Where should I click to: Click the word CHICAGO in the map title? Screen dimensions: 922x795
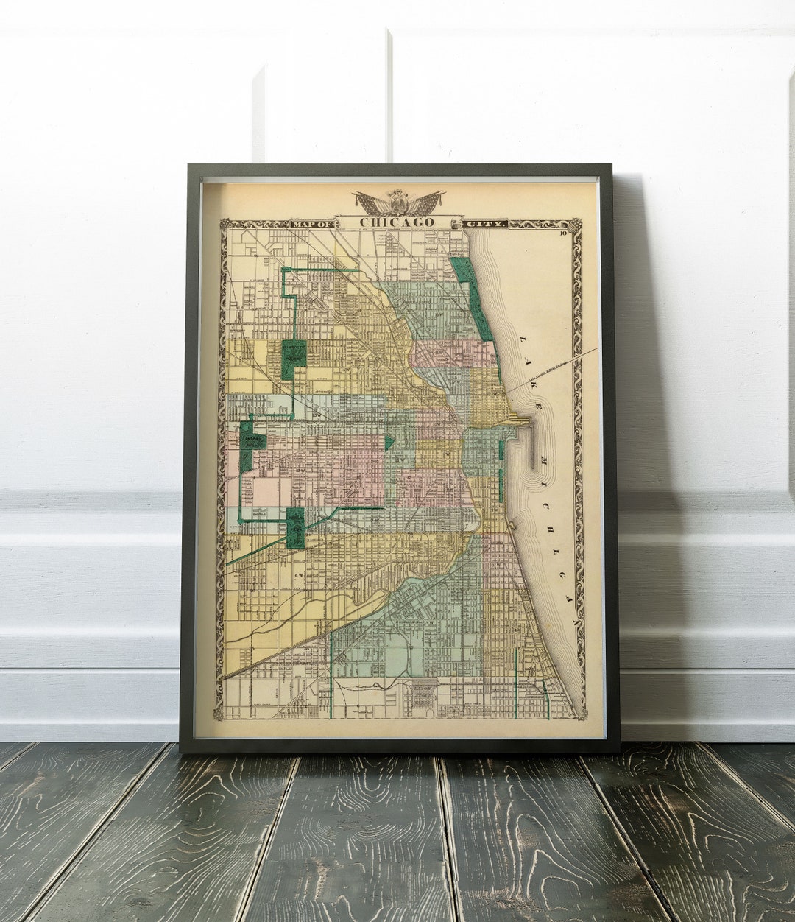click(397, 222)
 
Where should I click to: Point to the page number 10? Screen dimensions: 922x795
click(563, 234)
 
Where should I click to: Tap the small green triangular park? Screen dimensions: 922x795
click(388, 442)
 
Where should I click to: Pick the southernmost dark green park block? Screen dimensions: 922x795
click(295, 527)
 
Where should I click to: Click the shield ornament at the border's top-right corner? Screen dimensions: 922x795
click(577, 224)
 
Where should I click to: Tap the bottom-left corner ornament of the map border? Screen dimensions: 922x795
click(219, 714)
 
